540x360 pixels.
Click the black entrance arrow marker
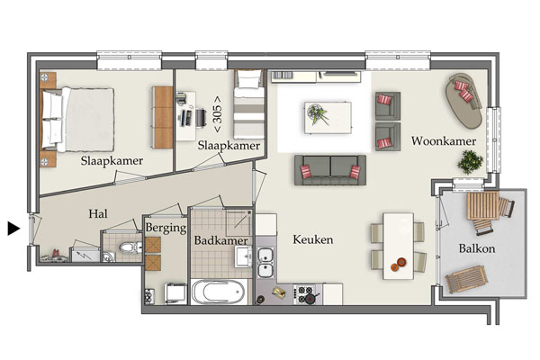13,229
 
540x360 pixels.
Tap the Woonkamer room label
444,141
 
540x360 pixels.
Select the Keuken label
312,239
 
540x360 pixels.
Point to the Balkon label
477,248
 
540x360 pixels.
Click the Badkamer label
220,240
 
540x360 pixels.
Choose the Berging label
166,228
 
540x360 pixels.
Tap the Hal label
98,214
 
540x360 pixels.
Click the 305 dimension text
218,114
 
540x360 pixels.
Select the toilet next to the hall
130,247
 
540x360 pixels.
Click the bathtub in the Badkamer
219,292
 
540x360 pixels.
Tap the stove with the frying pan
305,294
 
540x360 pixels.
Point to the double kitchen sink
265,263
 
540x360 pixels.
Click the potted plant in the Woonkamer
470,162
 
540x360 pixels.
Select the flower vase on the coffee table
317,113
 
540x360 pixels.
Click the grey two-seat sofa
330,170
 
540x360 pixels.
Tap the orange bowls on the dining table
398,265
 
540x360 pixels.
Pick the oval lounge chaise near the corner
463,100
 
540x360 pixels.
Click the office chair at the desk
201,118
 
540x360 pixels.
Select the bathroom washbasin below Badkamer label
244,256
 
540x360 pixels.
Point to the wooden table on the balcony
482,206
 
